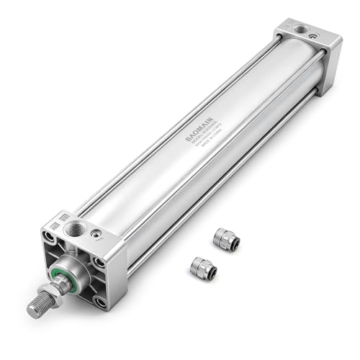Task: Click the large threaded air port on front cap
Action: tap(74, 230)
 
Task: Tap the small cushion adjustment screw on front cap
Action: tap(95, 234)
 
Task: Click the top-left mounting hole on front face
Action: tap(49, 237)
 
